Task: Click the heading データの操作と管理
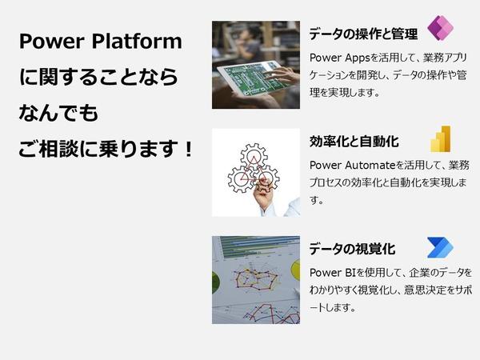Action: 363,34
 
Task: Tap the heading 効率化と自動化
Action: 354,141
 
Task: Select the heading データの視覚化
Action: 352,249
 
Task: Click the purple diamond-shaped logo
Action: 440,28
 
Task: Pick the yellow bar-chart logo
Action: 441,139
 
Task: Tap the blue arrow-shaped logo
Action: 440,247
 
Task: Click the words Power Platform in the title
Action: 101,41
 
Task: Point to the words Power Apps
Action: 340,58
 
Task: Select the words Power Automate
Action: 353,166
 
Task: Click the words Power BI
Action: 333,273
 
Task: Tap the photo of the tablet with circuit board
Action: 256,65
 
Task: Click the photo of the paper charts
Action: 256,280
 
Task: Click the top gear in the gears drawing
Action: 254,157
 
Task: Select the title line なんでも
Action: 58,113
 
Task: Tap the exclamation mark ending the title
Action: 188,149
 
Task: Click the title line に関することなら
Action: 98,77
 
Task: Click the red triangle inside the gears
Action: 254,169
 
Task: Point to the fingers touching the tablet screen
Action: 281,75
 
